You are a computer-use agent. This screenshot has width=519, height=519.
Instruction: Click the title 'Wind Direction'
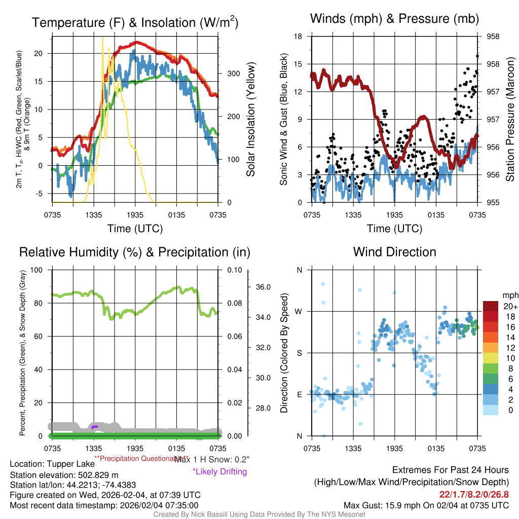tap(394, 252)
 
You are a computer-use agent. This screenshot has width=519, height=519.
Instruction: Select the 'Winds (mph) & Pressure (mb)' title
tap(394, 19)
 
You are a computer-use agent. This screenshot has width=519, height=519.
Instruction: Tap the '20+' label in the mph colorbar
tap(509, 307)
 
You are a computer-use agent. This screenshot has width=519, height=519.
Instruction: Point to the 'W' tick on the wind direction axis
tap(299, 311)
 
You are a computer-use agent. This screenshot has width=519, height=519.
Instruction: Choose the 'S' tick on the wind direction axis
tap(299, 353)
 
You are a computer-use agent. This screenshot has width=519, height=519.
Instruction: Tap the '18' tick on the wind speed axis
tap(299, 36)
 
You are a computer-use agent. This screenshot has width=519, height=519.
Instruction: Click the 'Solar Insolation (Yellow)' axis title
tap(250, 120)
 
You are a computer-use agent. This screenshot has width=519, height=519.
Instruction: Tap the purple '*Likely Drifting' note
tap(219, 472)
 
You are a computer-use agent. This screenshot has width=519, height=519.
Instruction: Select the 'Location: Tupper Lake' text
tap(52, 464)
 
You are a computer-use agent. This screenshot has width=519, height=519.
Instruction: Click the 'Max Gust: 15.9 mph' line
tap(426, 505)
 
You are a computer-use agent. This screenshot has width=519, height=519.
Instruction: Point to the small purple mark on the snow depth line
tap(94, 427)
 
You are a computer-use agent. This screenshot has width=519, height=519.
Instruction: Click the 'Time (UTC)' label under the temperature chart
tap(135, 229)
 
